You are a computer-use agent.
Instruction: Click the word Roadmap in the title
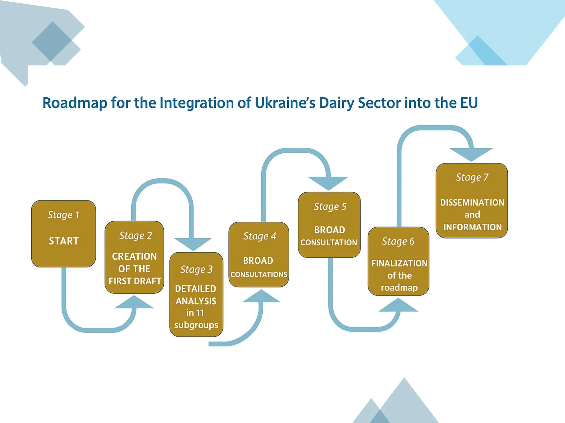coord(75,103)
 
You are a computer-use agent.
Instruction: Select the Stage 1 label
coord(63,215)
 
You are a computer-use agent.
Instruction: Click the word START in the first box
coord(64,241)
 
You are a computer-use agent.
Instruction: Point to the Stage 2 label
coord(135,236)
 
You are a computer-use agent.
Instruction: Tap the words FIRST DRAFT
coord(135,281)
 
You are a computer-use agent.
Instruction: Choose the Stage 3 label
coord(196,270)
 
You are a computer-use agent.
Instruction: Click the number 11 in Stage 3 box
coord(200,313)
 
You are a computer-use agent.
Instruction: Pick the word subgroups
coord(196,325)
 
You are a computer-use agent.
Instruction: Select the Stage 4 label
coord(260,236)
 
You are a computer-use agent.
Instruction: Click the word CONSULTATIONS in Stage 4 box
coord(259,274)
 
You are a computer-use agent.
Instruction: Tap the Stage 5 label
coord(330,207)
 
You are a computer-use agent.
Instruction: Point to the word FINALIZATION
coord(399,263)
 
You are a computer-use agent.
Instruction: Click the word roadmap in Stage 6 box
coord(399,288)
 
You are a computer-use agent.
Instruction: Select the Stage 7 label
coord(472,177)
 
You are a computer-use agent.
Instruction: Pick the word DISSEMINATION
coord(472,202)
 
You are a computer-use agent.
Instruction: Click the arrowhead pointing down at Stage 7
coord(471,155)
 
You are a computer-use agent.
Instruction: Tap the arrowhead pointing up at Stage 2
coord(134,302)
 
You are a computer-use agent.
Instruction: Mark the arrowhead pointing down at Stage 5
coord(328,183)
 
